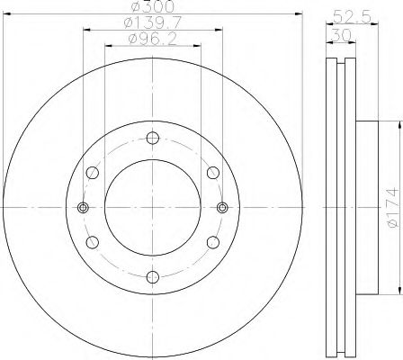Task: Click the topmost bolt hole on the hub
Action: coord(152,138)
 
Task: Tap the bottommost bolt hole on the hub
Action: coord(152,275)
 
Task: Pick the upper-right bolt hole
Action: coord(212,172)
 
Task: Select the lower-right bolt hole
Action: coord(212,241)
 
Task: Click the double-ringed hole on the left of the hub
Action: coord(84,207)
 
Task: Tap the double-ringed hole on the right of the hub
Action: coord(221,207)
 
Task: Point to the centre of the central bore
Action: coord(152,207)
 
